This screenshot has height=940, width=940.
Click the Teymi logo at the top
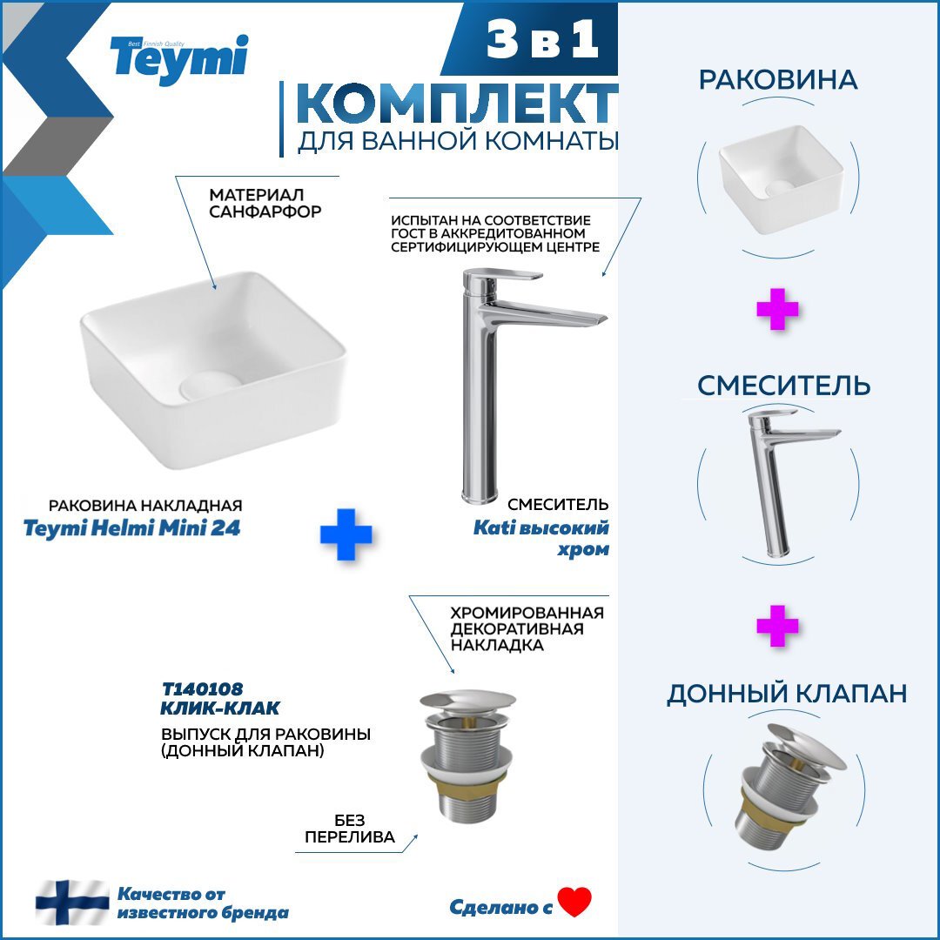(x=178, y=59)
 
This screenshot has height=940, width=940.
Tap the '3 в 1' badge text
(x=542, y=38)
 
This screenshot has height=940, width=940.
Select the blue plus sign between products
(x=346, y=534)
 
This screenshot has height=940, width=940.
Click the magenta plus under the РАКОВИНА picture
(x=777, y=309)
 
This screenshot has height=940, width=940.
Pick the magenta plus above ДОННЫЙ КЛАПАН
(x=777, y=626)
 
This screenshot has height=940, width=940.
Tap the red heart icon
(x=574, y=902)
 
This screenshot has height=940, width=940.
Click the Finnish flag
(x=72, y=903)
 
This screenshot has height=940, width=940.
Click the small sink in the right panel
(x=781, y=179)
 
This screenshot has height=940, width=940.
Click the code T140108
(x=202, y=688)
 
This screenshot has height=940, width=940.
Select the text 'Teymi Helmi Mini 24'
(x=132, y=528)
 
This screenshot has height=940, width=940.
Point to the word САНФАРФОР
(x=265, y=211)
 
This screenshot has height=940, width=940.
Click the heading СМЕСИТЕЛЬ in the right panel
(x=783, y=386)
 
